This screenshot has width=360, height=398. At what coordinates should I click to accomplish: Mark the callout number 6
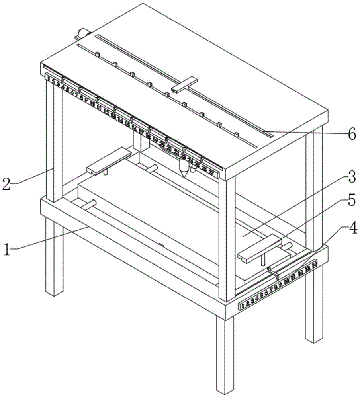(351, 135)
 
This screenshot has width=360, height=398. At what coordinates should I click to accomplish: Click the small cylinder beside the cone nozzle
(193, 169)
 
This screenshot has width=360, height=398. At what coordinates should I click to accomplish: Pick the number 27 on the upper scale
(211, 173)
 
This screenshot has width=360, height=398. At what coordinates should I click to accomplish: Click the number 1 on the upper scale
(49, 79)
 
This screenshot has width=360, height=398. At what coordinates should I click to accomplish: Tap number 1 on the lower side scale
(243, 306)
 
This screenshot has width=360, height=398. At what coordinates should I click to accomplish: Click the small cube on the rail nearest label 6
(236, 134)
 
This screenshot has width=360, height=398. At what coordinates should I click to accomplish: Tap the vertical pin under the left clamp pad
(106, 172)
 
